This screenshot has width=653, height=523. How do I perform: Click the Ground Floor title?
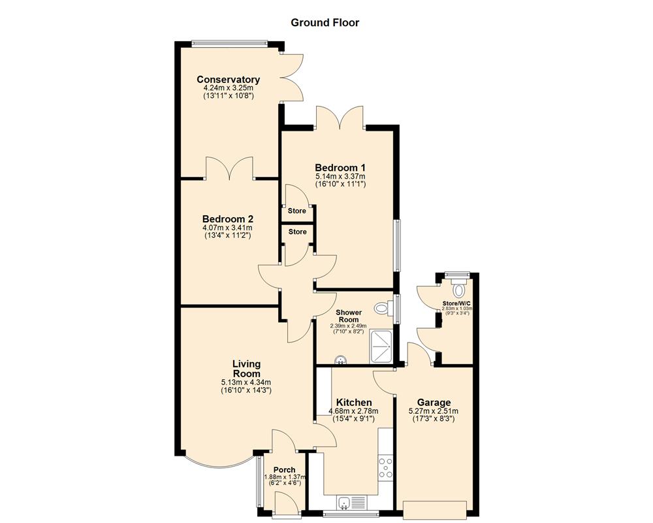click(325, 23)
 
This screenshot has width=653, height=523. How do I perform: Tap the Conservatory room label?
click(228, 80)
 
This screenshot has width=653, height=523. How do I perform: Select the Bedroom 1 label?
click(340, 167)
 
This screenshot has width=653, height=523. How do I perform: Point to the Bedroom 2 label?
click(227, 219)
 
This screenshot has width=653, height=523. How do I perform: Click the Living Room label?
click(246, 369)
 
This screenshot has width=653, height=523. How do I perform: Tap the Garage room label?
click(434, 402)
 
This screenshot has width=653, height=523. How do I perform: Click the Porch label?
click(284, 470)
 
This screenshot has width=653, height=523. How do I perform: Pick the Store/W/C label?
click(456, 304)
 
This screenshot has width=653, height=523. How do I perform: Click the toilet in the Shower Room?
click(383, 308)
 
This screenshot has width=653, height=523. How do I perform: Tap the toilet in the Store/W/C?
click(458, 288)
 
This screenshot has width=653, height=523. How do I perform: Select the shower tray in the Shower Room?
click(381, 345)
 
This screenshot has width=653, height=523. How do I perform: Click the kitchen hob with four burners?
click(385, 468)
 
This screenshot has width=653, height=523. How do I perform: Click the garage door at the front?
click(435, 509)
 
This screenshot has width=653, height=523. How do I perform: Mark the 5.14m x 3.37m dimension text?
click(340, 177)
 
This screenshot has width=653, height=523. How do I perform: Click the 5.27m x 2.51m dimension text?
click(434, 411)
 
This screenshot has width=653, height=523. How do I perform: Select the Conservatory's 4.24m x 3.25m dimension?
click(228, 88)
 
